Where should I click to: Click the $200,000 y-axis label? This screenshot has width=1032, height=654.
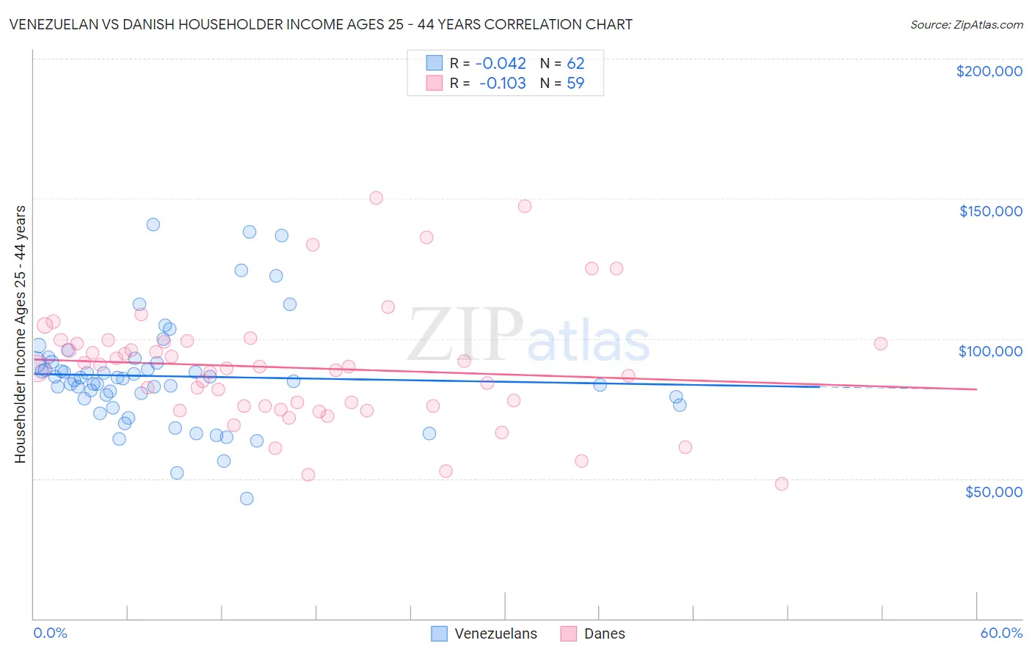tap(989, 71)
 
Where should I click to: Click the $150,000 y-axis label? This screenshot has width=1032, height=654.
tap(990, 211)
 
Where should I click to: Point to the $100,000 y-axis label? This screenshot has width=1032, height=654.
tap(990, 351)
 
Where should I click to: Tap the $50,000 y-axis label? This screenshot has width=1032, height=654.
tap(993, 491)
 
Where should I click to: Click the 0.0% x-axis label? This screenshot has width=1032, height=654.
tap(50, 633)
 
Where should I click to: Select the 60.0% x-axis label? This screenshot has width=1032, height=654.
tap(1001, 633)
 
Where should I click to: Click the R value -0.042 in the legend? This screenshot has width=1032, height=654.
tap(501, 63)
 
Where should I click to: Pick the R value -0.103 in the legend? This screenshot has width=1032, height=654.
tap(502, 83)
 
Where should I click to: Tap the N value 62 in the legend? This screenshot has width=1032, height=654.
tap(575, 63)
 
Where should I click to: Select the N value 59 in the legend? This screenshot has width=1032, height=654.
tap(575, 83)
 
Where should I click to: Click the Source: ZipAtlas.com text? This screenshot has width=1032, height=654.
tap(966, 25)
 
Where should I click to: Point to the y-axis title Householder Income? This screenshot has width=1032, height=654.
tap(20, 334)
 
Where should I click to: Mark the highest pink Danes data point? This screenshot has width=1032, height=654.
tap(376, 198)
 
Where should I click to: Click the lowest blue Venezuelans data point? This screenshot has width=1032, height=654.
tap(247, 499)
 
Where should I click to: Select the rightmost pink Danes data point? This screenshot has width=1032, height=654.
tap(881, 344)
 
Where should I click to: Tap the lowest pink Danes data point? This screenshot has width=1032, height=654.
tap(782, 484)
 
